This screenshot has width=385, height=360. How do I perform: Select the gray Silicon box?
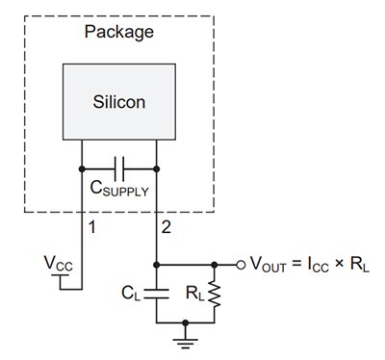pyautogui.click(x=119, y=100)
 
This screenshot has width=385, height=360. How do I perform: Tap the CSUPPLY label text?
pyautogui.click(x=119, y=191)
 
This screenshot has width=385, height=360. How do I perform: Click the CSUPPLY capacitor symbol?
pyautogui.click(x=119, y=169)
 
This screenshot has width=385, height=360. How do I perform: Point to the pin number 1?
pyautogui.click(x=92, y=228)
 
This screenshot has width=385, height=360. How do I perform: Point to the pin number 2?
pyautogui.click(x=167, y=228)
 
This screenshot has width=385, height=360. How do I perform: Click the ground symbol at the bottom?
pyautogui.click(x=185, y=333)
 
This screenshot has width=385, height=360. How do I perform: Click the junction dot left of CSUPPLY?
pyautogui.click(x=83, y=169)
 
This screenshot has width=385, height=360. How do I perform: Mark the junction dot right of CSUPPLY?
pyautogui.click(x=156, y=169)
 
